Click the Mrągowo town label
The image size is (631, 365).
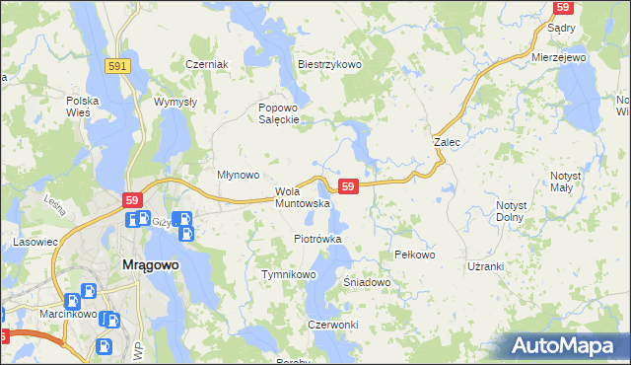149,264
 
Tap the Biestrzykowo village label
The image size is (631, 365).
330,64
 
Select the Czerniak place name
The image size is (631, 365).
207,64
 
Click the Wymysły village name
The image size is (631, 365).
176,101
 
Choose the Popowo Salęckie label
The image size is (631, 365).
278,113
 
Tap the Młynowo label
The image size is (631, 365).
238,175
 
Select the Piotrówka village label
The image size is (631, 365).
317,239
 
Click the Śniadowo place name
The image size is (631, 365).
368,282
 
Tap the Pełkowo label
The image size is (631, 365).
414,255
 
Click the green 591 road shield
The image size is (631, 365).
118,64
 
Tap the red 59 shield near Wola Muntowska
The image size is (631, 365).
347,185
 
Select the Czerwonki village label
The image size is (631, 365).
332,325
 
